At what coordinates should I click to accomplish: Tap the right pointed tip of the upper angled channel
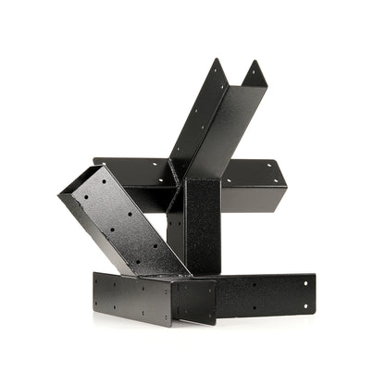coord(255,63)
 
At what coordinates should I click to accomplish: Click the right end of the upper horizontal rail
coord(282,185)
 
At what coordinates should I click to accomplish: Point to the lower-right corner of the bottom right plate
coord(315,313)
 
